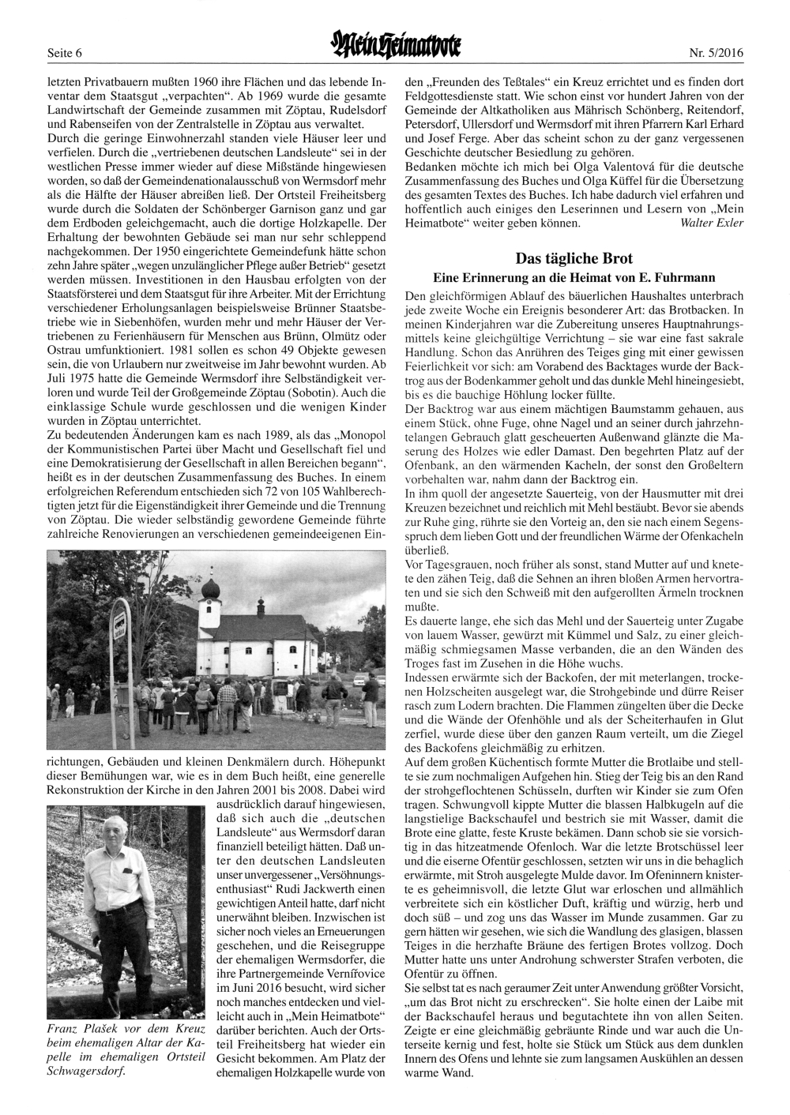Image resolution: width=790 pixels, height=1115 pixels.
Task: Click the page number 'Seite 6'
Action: (x=65, y=54)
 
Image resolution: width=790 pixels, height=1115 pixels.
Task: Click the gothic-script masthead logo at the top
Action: (x=395, y=49)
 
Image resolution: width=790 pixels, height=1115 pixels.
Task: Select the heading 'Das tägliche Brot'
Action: (x=574, y=258)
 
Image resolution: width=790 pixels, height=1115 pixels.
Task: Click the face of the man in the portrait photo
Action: (x=119, y=840)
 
